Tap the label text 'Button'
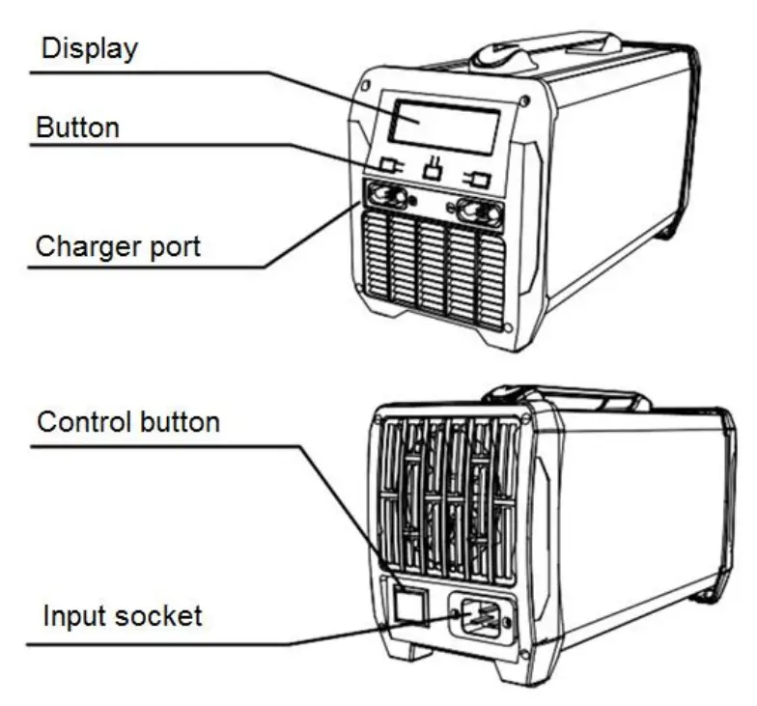click(x=77, y=127)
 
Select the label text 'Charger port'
click(x=118, y=246)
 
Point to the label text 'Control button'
click(x=127, y=422)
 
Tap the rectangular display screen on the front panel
click(x=444, y=125)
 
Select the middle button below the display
click(x=434, y=172)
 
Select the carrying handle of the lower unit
click(x=561, y=397)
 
